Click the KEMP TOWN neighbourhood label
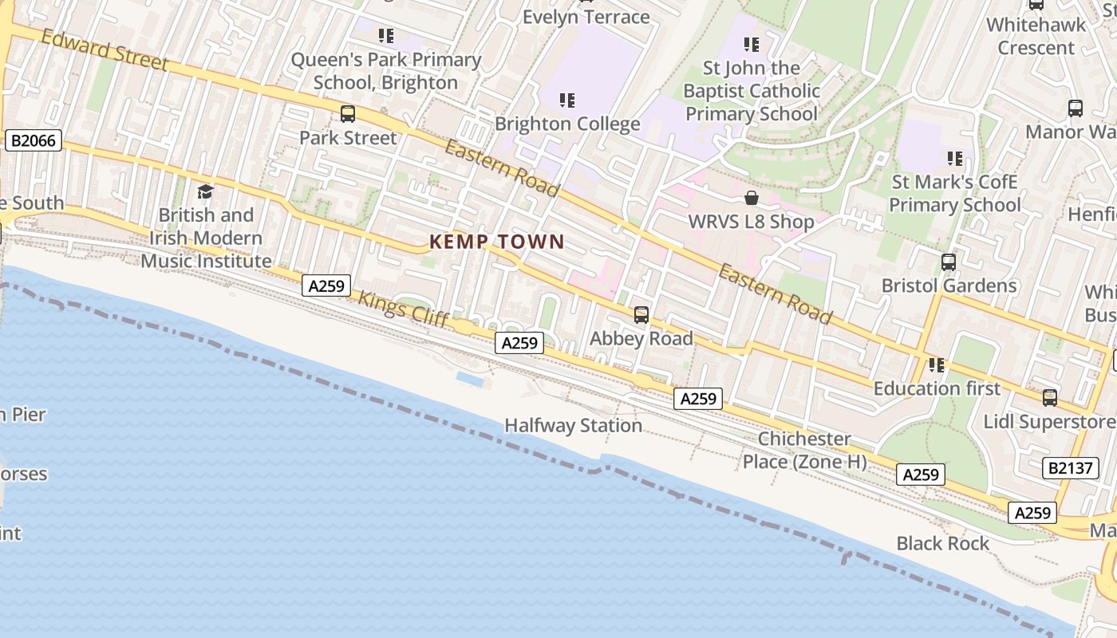pos(496,242)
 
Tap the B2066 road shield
pos(33,141)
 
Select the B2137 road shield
pos(1070,467)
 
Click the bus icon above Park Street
pos(348,114)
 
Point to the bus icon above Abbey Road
pos(641,315)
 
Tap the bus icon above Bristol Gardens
pos(949,262)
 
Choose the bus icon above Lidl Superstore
pos(1050,397)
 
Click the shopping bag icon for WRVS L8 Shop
pos(751,198)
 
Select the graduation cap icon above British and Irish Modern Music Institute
pos(206,191)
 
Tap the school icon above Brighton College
pos(567,100)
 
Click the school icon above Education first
pos(936,364)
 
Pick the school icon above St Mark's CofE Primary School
pos(955,159)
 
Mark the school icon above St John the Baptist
pos(752,45)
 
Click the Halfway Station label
pos(573,426)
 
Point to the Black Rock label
pos(942,544)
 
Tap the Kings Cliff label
pos(394,306)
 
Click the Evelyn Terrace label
pos(586,17)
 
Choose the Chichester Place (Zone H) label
pos(804,451)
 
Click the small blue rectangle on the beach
pos(471,380)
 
